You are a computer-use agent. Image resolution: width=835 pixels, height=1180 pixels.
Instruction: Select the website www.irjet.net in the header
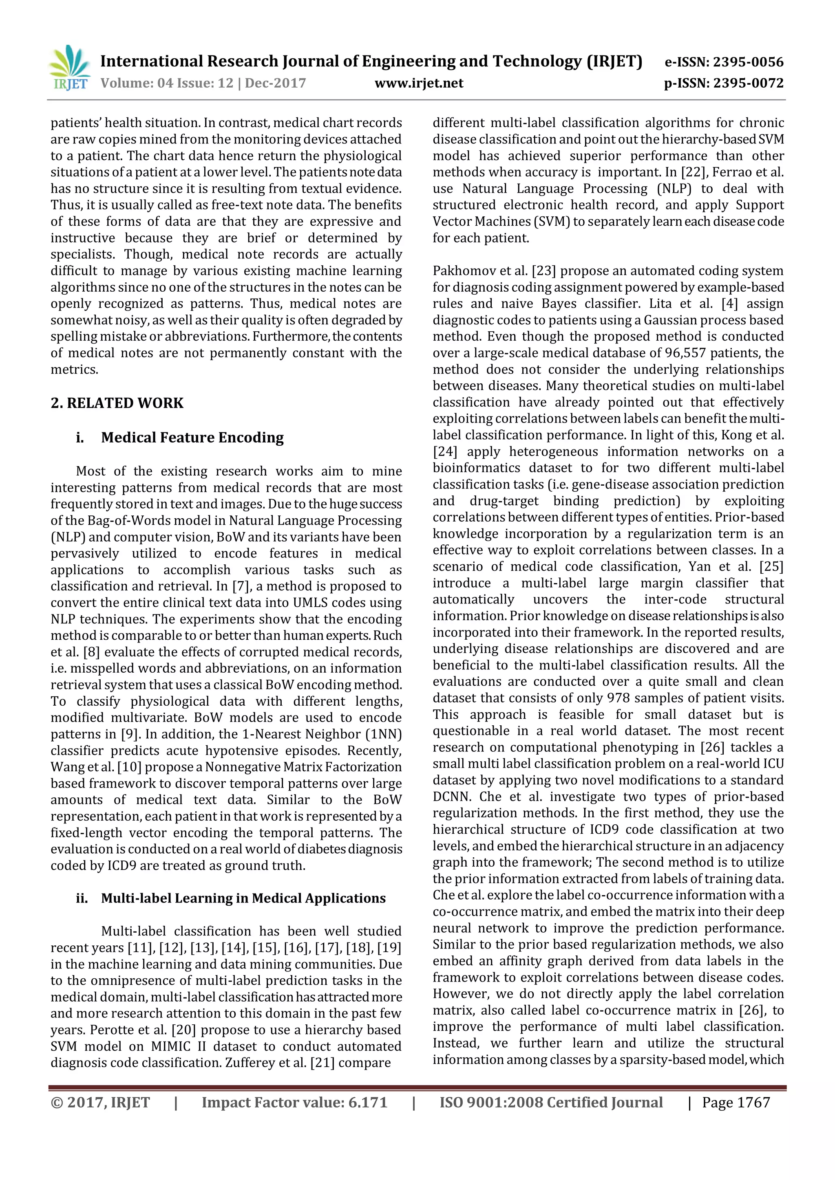point(419,83)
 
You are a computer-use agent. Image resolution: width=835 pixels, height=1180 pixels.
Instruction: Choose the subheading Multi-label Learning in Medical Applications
point(243,898)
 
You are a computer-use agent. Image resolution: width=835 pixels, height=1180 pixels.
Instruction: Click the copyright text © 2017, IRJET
point(100,1103)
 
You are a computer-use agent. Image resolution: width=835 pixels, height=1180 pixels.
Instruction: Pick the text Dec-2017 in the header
point(275,83)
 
